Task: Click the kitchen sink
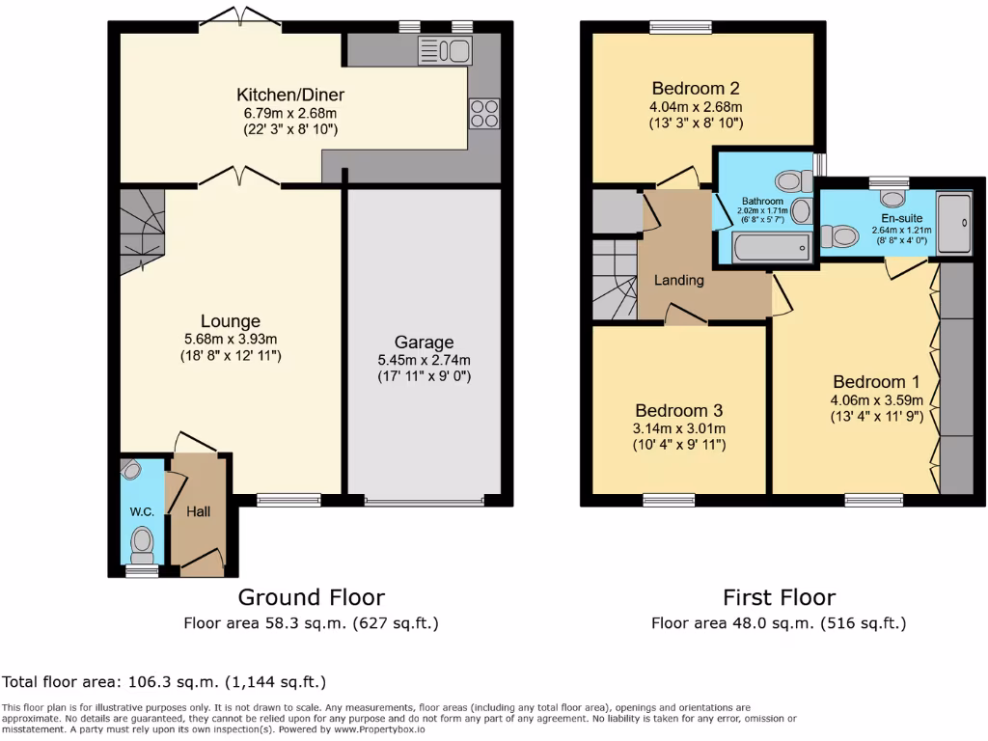tap(443, 50)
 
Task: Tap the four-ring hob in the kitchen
tap(484, 114)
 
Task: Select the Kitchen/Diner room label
tap(290, 95)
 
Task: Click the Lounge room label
tap(231, 321)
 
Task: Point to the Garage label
tap(424, 343)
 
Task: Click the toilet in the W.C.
tap(142, 543)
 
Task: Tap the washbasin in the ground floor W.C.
tap(132, 470)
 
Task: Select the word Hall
tap(198, 511)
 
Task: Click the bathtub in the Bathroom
tap(772, 250)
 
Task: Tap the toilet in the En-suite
tap(842, 234)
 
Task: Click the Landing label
tap(679, 280)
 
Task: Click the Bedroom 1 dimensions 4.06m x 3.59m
tap(877, 400)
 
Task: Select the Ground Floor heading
tap(311, 597)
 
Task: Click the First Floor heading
tap(779, 597)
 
